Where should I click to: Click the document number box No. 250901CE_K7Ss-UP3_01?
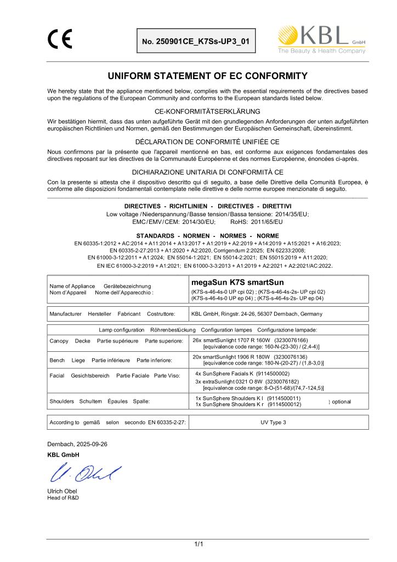[196, 42]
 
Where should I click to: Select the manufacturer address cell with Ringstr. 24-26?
[257, 314]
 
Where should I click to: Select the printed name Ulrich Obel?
[61, 491]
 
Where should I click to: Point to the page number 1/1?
[198, 544]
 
